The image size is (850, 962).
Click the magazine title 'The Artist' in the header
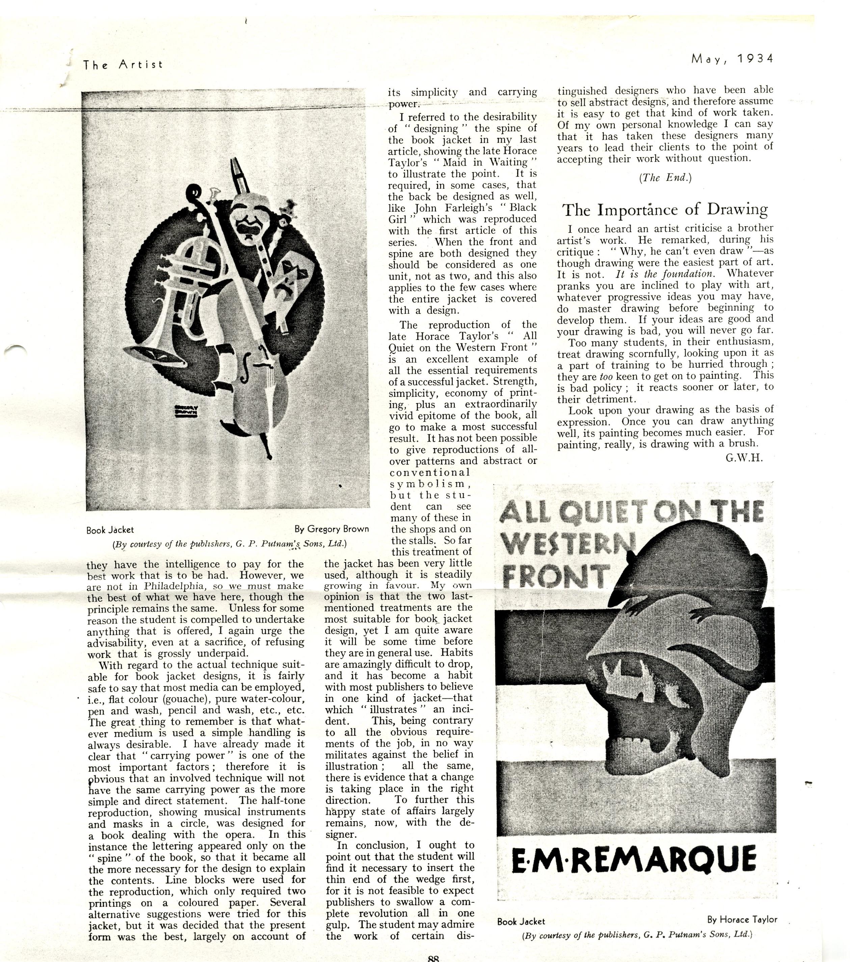click(123, 64)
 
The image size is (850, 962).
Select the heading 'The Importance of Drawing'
click(665, 209)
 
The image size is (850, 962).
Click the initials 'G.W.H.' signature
click(744, 457)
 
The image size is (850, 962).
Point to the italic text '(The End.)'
click(665, 178)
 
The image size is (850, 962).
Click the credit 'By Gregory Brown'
click(331, 529)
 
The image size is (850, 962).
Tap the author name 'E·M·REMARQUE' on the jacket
click(633, 859)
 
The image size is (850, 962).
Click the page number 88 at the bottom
click(433, 958)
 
